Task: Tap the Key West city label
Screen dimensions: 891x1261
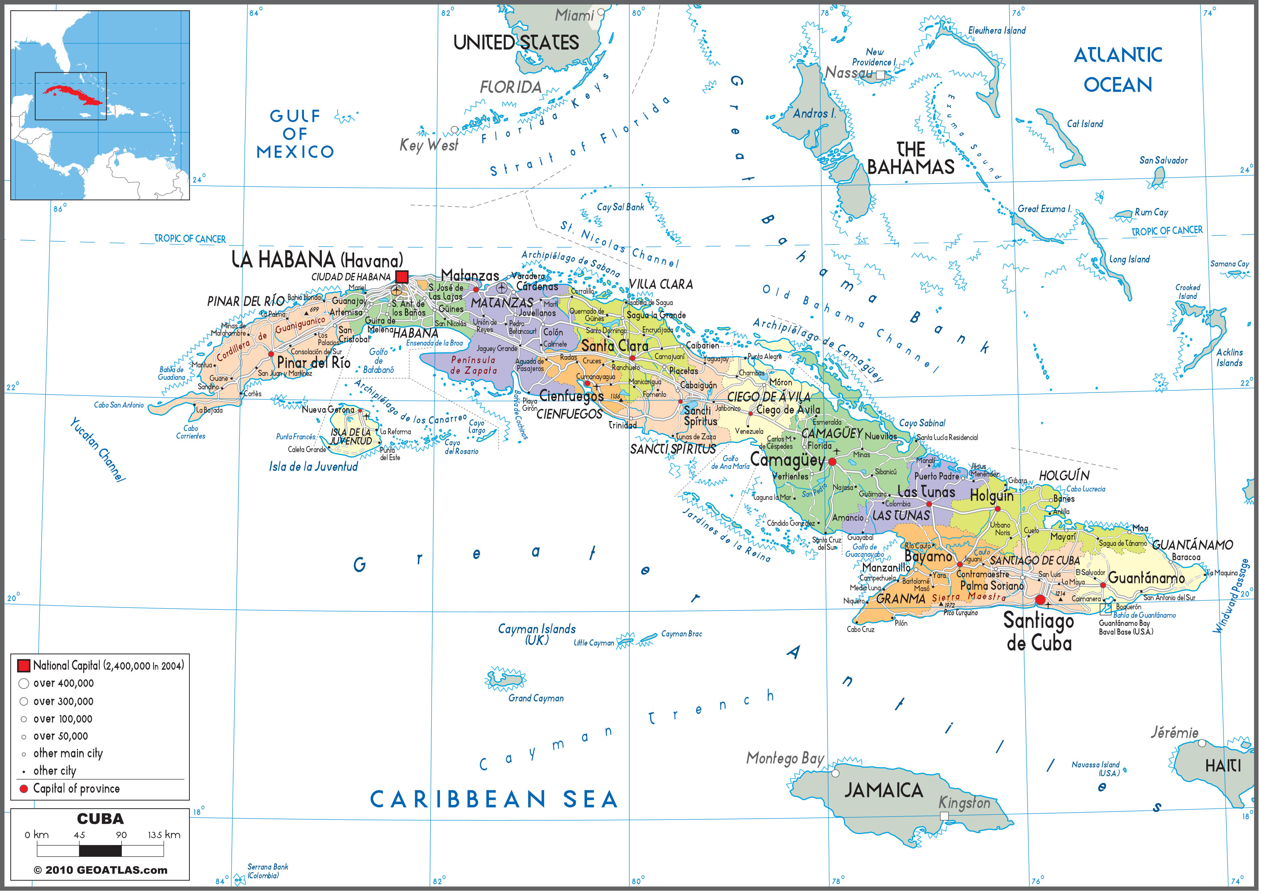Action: [428, 145]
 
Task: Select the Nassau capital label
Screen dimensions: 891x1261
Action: [849, 73]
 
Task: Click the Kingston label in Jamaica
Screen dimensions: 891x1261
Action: [964, 803]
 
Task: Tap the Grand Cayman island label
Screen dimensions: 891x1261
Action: [536, 698]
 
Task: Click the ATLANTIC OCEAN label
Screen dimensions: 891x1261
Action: [1118, 70]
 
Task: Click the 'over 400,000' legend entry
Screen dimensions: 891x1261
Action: [63, 683]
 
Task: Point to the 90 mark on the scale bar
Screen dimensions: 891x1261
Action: [122, 835]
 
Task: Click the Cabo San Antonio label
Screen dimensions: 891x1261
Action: [119, 405]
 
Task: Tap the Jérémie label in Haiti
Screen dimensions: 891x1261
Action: [1174, 732]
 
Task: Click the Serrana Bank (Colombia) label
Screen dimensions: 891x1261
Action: [267, 871]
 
